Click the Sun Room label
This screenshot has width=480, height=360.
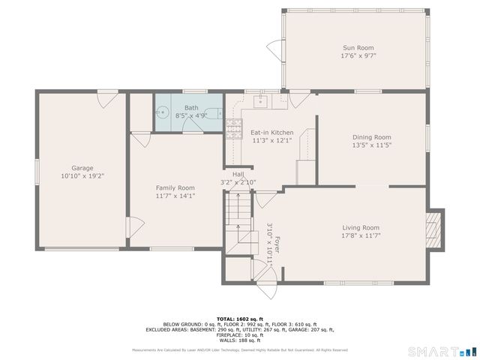358,48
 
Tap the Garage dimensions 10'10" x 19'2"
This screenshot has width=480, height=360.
82,175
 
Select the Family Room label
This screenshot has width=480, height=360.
175,187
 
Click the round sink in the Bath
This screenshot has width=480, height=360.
163,114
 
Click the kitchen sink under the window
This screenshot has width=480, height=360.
262,100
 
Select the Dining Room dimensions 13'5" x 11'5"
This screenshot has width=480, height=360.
372,145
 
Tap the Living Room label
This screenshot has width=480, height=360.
361,227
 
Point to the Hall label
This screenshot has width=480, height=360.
238,174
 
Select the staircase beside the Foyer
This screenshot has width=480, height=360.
238,217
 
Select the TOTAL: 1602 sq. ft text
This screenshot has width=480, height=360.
240,319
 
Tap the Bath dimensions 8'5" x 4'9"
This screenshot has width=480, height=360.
191,115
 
